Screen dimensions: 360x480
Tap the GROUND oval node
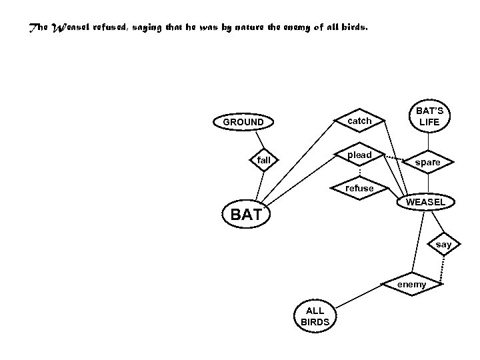pyautogui.click(x=243, y=122)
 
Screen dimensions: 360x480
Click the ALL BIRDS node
pyautogui.click(x=315, y=317)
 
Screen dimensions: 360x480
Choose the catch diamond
pyautogui.click(x=359, y=121)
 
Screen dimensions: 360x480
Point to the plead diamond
pyautogui.click(x=359, y=155)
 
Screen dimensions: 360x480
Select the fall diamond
pyautogui.click(x=264, y=160)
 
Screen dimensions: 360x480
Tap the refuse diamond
pyautogui.click(x=359, y=188)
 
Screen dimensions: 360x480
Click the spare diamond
pyautogui.click(x=427, y=162)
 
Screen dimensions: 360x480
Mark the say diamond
pyautogui.click(x=443, y=245)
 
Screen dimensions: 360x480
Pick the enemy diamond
pyautogui.click(x=411, y=285)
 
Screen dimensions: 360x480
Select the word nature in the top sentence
pyautogui.click(x=247, y=29)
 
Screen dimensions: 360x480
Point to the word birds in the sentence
pyautogui.click(x=352, y=29)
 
